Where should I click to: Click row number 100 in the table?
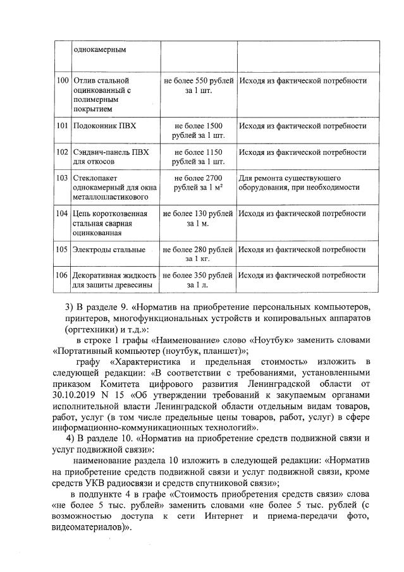point(63,82)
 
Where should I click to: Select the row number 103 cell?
point(63,178)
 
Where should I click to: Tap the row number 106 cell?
point(63,276)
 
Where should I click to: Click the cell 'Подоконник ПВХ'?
point(105,126)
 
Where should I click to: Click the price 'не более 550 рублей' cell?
point(199,86)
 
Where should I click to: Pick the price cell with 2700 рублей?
point(199,183)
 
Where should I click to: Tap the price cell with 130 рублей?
point(199,218)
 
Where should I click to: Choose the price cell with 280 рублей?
point(199,253)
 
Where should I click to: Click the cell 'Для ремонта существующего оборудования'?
point(300,183)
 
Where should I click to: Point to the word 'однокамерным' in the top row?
point(100,49)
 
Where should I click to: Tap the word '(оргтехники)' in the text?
point(92,329)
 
